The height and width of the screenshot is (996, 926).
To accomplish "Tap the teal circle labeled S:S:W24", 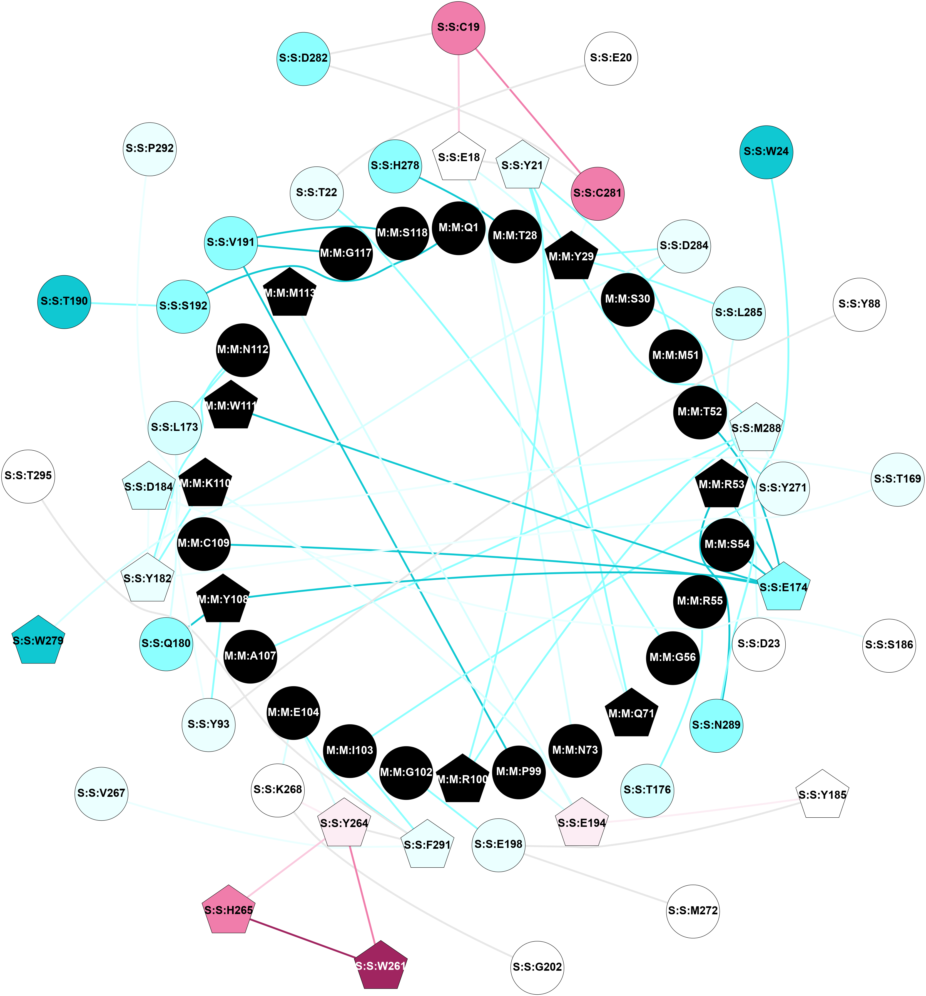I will (x=766, y=152).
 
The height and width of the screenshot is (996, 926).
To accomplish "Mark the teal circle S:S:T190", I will (x=64, y=302).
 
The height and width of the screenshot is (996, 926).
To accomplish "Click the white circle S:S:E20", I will (x=611, y=58).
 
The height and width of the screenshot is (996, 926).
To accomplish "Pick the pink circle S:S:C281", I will (x=597, y=193).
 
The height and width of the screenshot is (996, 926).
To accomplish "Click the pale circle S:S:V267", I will (x=101, y=793).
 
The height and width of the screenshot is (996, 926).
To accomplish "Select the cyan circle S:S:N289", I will (x=716, y=725).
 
